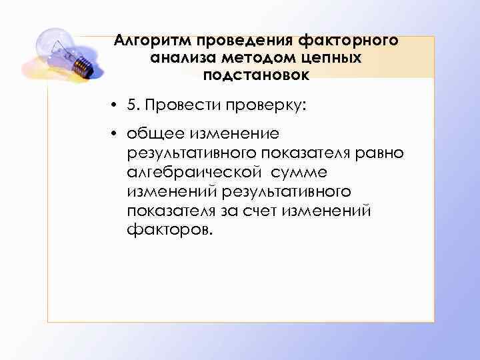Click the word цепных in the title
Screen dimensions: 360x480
pyautogui.click(x=328, y=57)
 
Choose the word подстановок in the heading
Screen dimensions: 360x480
pyautogui.click(x=257, y=75)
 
